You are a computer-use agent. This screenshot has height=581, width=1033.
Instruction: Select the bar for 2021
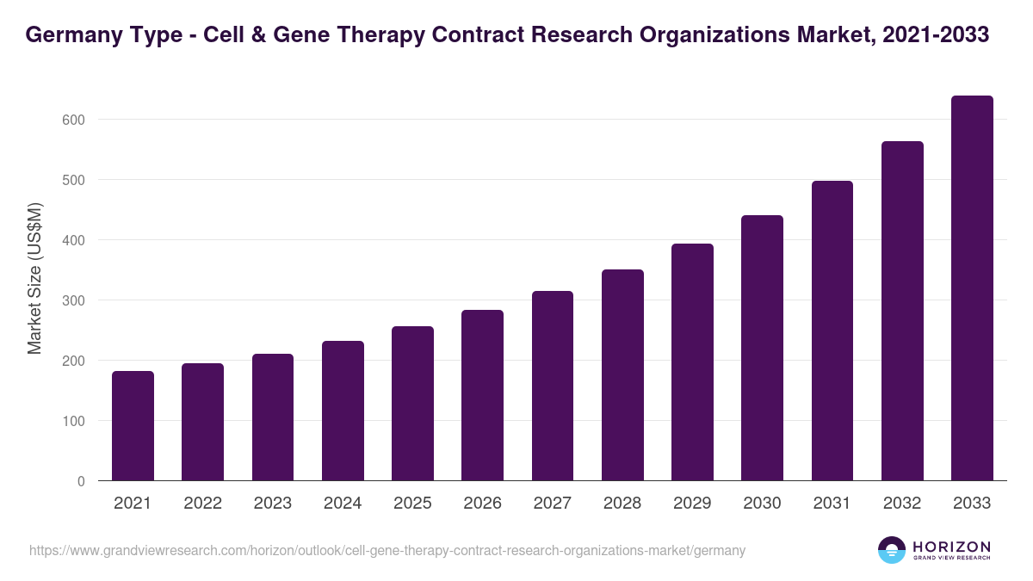click(133, 426)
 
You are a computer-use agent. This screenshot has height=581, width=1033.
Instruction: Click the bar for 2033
click(972, 288)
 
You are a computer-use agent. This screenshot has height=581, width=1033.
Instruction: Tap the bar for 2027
click(553, 386)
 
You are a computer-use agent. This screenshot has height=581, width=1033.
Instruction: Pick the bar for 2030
click(762, 348)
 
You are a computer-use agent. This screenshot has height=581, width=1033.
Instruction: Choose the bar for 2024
click(343, 411)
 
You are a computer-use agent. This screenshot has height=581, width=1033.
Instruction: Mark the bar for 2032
click(902, 311)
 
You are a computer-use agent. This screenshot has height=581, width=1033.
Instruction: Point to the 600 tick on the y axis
click(74, 120)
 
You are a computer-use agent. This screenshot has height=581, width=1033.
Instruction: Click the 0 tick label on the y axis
click(81, 481)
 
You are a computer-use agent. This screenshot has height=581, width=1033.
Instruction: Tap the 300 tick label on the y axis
click(74, 300)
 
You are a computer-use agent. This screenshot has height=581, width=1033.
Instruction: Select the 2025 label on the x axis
click(412, 504)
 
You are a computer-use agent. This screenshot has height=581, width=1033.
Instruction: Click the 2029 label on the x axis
click(692, 504)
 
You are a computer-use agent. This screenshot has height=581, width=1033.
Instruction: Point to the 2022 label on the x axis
click(202, 504)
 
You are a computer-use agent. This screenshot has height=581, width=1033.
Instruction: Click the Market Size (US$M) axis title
click(34, 278)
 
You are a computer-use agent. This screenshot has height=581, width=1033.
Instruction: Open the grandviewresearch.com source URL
click(387, 550)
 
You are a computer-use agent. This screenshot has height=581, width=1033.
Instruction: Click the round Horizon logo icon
click(892, 550)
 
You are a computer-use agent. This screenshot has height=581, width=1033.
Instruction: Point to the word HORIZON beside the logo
click(951, 546)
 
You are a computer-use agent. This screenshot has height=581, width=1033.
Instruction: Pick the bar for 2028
click(622, 375)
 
